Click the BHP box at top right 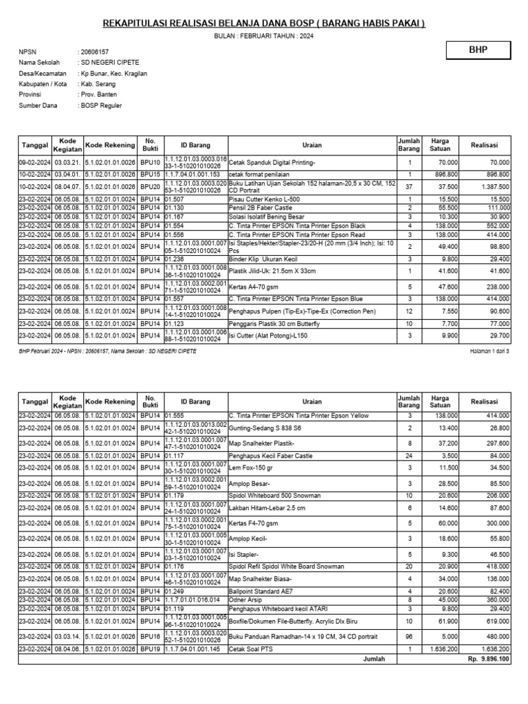pyautogui.click(x=478, y=50)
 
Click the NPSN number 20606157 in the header pyautogui.click(x=96, y=52)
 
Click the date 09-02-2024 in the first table pyautogui.click(x=34, y=163)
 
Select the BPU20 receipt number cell pyautogui.click(x=150, y=186)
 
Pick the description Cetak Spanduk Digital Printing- pyautogui.click(x=271, y=163)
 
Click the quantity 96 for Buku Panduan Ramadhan pyautogui.click(x=410, y=636)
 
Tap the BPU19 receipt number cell pyautogui.click(x=150, y=649)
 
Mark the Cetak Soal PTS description pyautogui.click(x=248, y=649)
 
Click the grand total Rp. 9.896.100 pyautogui.click(x=487, y=659)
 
